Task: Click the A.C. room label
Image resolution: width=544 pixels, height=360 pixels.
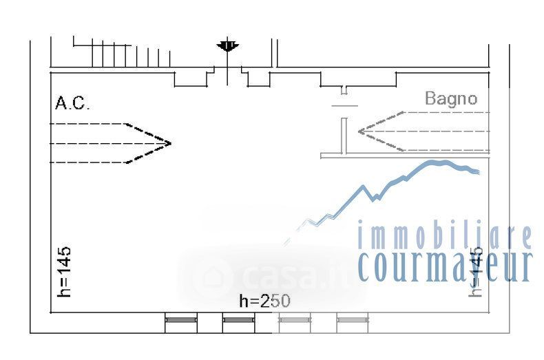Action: [72, 104]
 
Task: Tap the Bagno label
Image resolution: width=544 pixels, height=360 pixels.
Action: [450, 98]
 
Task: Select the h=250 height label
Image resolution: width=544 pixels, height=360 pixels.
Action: [264, 301]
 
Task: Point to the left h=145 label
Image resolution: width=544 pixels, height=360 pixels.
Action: [65, 271]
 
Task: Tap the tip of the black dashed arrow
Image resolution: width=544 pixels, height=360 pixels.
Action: [170, 143]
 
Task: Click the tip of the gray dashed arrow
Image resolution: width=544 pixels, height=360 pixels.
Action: [359, 130]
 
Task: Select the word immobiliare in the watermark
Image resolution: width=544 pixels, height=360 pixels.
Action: [444, 236]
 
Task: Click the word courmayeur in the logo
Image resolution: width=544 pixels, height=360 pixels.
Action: [446, 266]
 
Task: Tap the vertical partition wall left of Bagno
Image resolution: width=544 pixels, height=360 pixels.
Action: [343, 136]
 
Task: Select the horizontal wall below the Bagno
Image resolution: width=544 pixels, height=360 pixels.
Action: [404, 156]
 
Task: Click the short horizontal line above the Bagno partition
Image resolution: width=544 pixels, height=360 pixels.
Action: [344, 105]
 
